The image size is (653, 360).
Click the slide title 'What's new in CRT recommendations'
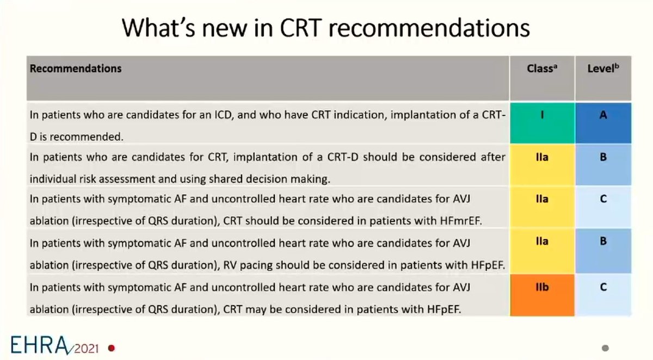[325, 28]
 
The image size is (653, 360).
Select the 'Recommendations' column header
[76, 69]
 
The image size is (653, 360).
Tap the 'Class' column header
[541, 69]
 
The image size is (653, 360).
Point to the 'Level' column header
[603, 69]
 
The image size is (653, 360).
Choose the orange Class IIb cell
[542, 295]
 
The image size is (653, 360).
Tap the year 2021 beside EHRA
[89, 347]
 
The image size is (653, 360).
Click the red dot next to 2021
[112, 347]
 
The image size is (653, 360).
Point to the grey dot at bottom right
[605, 348]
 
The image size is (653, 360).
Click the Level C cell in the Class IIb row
[603, 295]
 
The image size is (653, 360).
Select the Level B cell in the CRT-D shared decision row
[603, 164]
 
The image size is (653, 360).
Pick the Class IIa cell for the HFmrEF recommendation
[542, 206]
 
